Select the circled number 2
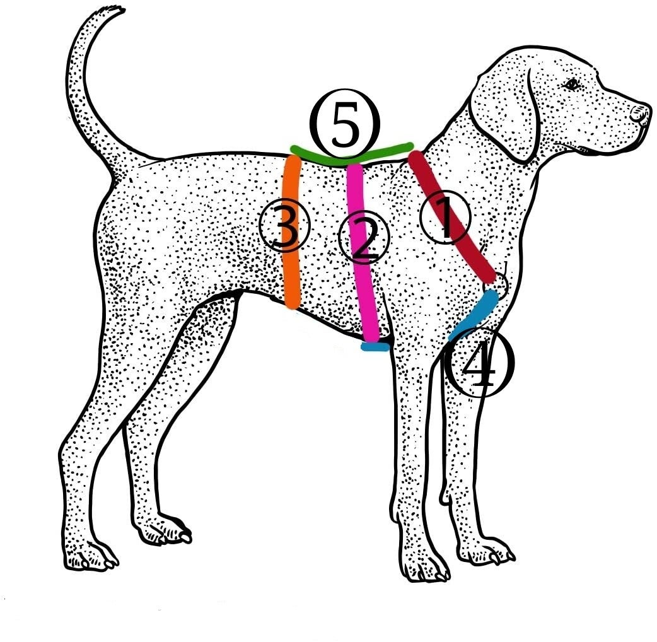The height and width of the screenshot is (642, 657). tap(364, 240)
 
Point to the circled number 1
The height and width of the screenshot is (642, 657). tap(445, 218)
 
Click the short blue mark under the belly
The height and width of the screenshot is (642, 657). tap(375, 346)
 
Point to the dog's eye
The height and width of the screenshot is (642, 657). tap(572, 84)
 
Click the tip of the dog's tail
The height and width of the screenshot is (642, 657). tap(113, 11)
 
